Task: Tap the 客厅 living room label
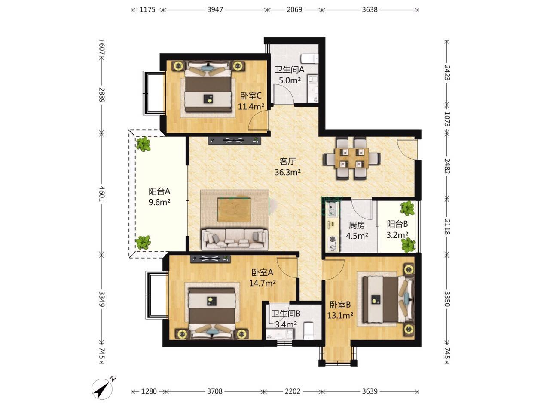(x=287, y=161)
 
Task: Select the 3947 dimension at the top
(x=215, y=9)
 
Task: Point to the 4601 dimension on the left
(x=102, y=194)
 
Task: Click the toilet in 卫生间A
(x=310, y=59)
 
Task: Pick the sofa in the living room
(x=235, y=239)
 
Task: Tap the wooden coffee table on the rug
(x=234, y=210)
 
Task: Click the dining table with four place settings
(x=352, y=158)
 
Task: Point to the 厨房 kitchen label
(x=357, y=225)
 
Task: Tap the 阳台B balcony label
(x=397, y=224)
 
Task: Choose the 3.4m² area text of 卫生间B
(x=286, y=325)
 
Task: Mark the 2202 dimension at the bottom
(x=293, y=391)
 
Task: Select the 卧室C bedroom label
(x=251, y=96)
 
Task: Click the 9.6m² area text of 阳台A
(x=159, y=202)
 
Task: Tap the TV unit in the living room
(x=234, y=141)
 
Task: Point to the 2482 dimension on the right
(x=447, y=166)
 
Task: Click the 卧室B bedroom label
(x=340, y=305)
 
